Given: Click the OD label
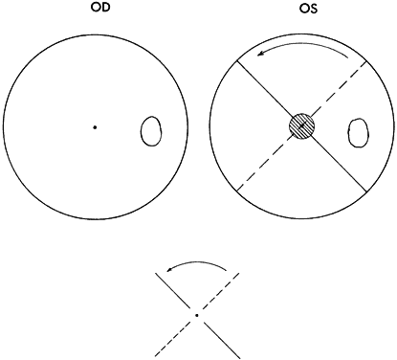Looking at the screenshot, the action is pos(100,8).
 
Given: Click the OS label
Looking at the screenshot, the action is pos(308,9).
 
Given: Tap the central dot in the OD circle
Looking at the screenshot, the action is pos(95,127).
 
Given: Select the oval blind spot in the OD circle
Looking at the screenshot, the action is pos(151,131).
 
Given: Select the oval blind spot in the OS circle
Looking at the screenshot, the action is pos(358,132).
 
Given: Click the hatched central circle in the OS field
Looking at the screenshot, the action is pos(301,126).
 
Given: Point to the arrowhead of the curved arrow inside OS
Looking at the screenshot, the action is pos(260,54).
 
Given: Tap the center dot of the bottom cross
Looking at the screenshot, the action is pos(197,315).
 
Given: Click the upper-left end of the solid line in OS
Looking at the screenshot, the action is pos(236,61).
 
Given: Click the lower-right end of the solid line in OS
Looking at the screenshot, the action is pos(366,191).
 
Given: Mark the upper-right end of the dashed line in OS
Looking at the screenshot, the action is pos(365,61).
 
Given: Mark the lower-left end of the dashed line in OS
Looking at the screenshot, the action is pos(237,191).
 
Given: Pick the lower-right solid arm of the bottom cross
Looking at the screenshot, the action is pos(221,340).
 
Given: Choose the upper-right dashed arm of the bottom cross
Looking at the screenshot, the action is pos(221,291).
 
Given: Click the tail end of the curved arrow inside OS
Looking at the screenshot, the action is pos(348,57).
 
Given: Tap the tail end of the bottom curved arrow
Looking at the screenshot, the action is pos(227,271).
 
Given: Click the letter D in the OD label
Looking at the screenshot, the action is pos(106,8).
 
